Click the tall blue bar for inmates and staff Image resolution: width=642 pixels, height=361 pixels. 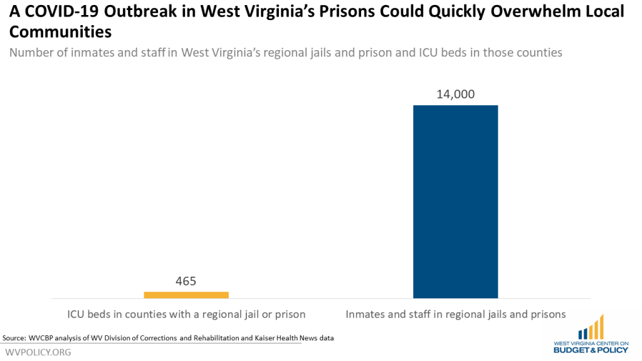coord(455,201)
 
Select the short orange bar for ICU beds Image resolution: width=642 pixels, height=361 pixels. coord(186,295)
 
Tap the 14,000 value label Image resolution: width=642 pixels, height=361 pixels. coord(455,95)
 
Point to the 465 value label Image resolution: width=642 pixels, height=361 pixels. coord(186,281)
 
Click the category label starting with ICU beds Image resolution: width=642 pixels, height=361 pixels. coord(186,314)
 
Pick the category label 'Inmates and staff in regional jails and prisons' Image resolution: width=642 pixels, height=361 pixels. coord(456,314)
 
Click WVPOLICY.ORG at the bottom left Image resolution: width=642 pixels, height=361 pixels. coord(37,352)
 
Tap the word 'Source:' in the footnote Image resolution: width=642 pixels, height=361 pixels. coord(14,338)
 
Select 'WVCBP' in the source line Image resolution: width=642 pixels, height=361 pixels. coord(43,338)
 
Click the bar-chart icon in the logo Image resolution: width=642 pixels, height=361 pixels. coord(591,328)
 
